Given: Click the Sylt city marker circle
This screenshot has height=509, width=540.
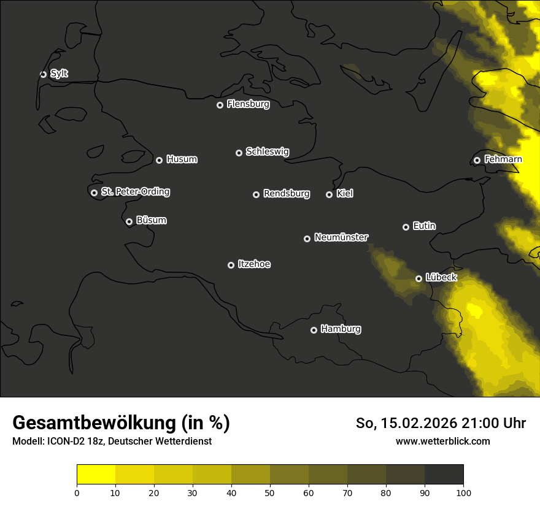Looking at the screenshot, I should click(43, 74).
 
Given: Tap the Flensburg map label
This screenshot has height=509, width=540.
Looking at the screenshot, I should click(248, 104).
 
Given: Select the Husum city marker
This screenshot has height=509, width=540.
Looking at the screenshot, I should click(159, 160).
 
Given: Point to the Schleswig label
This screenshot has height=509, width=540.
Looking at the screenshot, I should click(267, 151).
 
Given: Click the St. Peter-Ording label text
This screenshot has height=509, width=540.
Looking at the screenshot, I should click(135, 192).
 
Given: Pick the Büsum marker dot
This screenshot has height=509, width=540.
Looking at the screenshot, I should click(129, 222).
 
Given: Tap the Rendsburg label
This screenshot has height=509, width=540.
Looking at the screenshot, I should click(286, 194).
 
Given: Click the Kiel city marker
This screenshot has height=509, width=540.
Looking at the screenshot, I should click(329, 194).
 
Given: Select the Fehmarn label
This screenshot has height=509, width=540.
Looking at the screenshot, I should click(503, 159).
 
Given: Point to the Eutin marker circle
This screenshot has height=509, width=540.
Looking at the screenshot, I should click(406, 227).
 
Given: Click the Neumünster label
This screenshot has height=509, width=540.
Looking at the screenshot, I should click(341, 237).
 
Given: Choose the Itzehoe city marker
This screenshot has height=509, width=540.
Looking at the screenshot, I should click(231, 265).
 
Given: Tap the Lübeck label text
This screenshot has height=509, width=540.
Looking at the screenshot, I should click(441, 277).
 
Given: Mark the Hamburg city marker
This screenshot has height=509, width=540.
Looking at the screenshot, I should click(314, 330).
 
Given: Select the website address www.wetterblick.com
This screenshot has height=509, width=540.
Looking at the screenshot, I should click(442, 441).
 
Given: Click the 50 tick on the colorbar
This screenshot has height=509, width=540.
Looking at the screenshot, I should click(270, 492).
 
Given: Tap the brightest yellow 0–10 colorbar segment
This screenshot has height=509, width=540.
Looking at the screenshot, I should click(96, 475).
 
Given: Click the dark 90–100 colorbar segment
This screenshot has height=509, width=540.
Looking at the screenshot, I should click(444, 475).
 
